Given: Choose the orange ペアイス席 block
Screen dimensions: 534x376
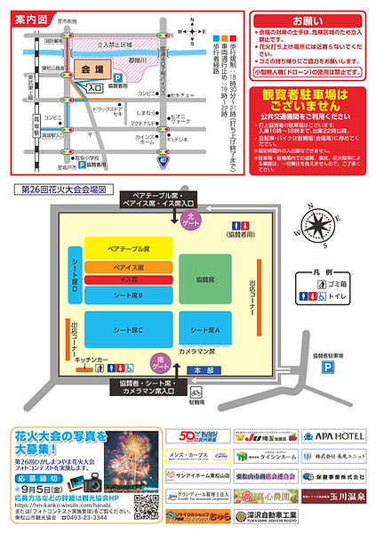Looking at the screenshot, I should click(x=128, y=266).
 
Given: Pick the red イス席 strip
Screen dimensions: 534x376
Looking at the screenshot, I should click(x=128, y=279).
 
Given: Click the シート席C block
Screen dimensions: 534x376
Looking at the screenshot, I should click(x=128, y=328).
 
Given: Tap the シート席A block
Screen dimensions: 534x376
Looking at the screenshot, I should click(x=205, y=328).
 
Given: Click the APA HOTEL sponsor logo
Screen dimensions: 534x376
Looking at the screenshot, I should click(x=334, y=437).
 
